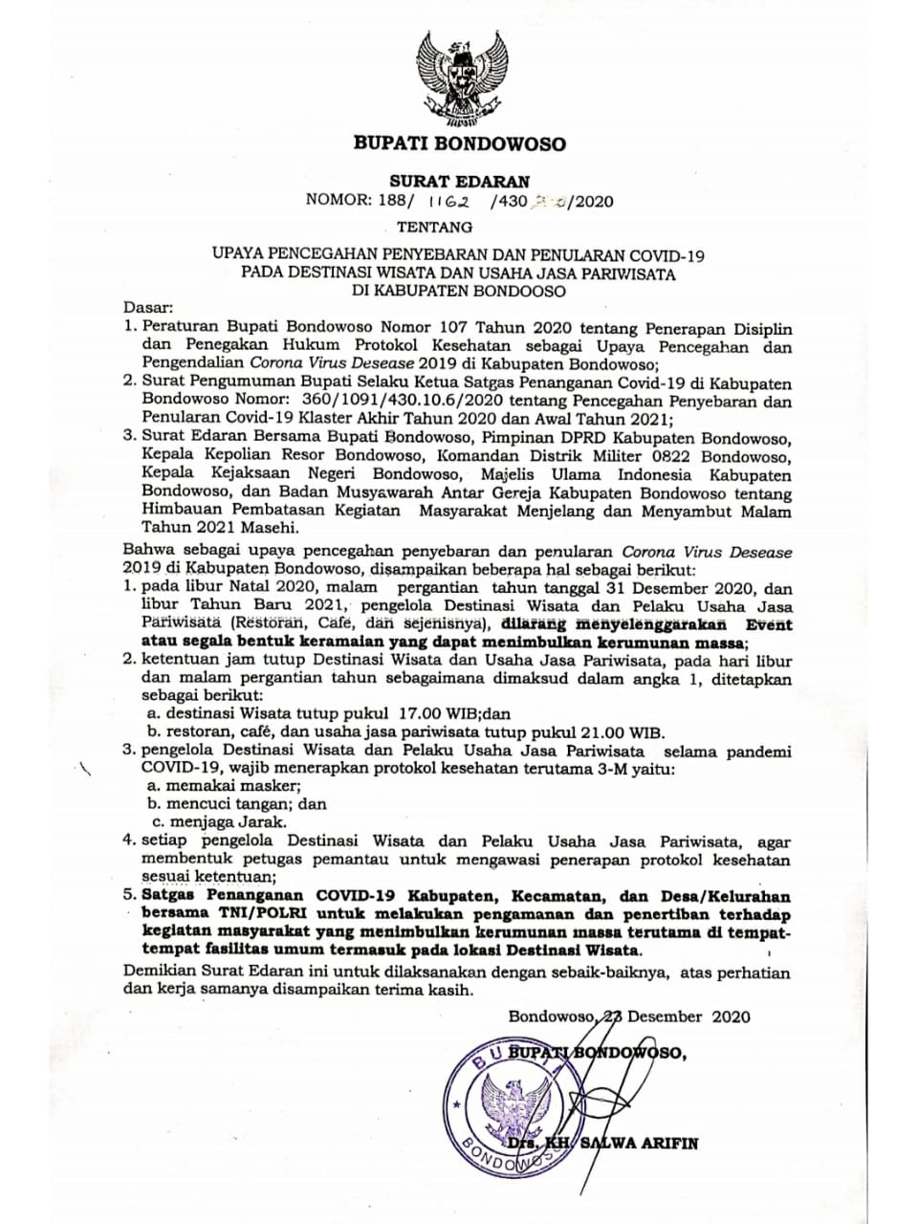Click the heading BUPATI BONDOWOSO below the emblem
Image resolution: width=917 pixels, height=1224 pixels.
tap(460, 145)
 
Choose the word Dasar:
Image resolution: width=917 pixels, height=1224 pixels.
tap(148, 309)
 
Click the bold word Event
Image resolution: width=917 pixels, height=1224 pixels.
tap(769, 624)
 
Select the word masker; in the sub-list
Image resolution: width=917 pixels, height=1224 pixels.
tap(252, 786)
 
